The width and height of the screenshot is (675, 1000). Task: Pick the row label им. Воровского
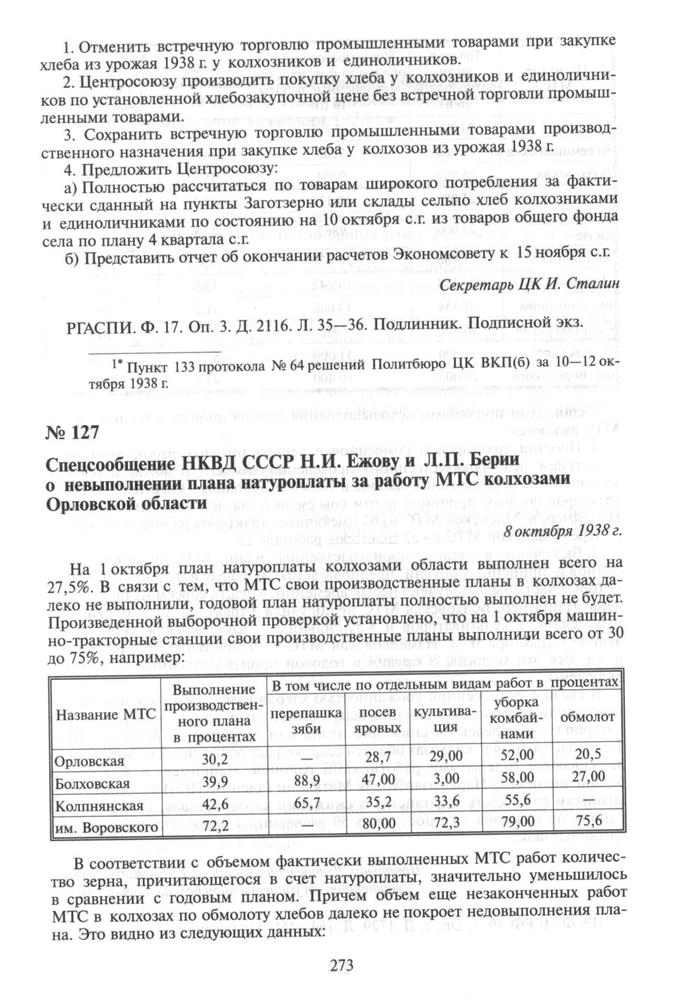(106, 827)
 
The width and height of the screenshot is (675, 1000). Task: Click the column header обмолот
(587, 717)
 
